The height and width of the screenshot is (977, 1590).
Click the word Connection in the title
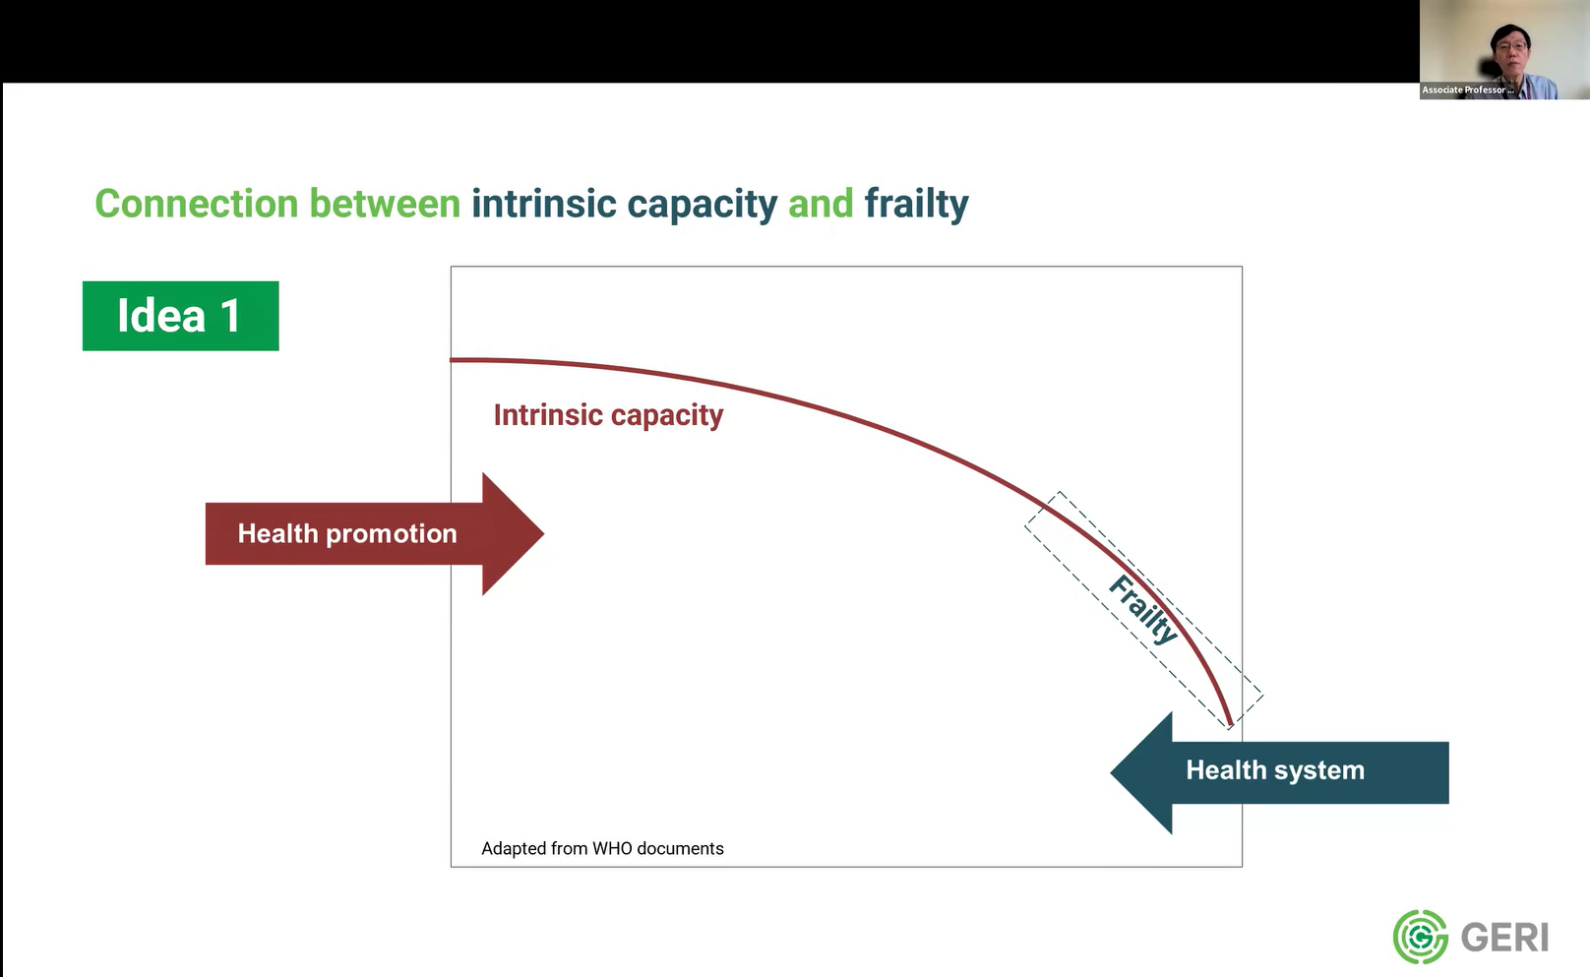click(196, 204)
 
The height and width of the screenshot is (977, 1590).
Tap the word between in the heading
click(385, 204)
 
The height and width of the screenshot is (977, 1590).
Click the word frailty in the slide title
click(916, 204)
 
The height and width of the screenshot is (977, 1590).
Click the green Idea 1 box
click(180, 316)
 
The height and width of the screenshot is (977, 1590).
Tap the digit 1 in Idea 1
click(231, 316)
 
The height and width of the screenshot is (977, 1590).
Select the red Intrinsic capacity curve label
click(608, 415)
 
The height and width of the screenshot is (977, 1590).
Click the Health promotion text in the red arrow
click(347, 533)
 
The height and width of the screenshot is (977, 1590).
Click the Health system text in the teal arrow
click(1275, 770)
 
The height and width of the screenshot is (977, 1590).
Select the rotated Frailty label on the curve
click(1143, 610)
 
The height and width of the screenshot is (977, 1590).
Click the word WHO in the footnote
click(612, 848)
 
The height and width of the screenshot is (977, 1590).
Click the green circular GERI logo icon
click(1420, 937)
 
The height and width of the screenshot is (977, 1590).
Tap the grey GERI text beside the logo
click(1504, 938)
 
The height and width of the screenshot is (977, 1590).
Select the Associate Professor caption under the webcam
click(1467, 90)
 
